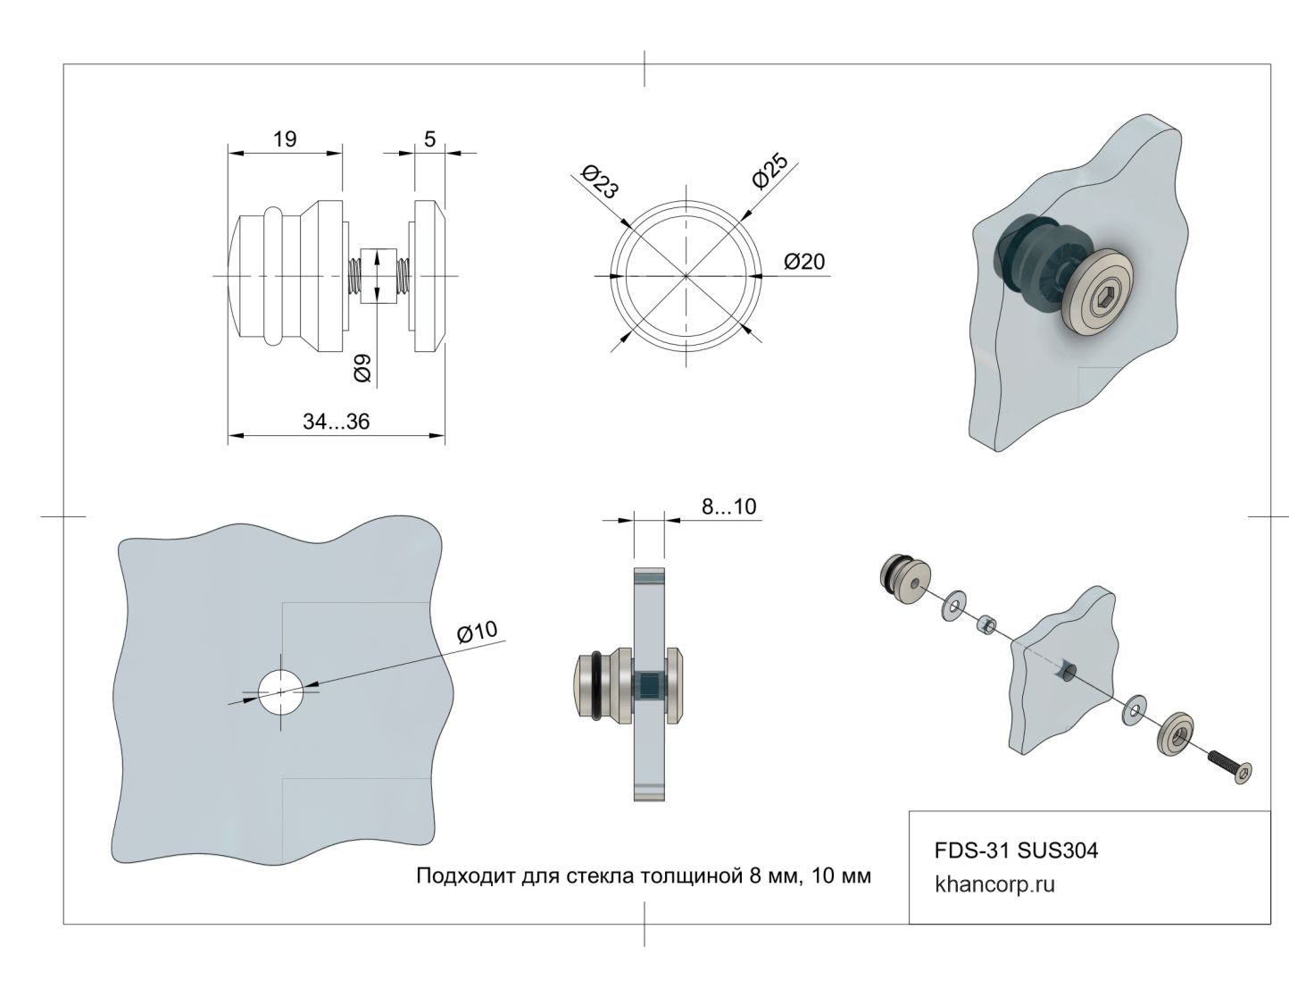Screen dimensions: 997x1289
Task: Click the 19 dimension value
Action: tap(285, 139)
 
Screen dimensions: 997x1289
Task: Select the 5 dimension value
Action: tap(430, 139)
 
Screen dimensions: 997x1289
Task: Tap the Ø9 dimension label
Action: tap(362, 368)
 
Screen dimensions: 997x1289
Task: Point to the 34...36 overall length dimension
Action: tap(336, 423)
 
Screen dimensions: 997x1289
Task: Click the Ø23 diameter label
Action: tap(599, 181)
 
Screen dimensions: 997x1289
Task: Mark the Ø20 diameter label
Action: tap(804, 262)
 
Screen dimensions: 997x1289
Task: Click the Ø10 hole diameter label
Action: tap(477, 632)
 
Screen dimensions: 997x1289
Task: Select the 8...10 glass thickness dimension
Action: tap(728, 507)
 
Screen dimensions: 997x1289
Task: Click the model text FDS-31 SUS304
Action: tap(1016, 850)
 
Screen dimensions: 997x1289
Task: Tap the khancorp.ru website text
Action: tap(994, 885)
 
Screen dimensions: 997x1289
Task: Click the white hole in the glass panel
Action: tap(281, 691)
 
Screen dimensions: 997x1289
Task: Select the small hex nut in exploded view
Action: tap(986, 624)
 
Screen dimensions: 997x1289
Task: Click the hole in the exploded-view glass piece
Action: tap(1066, 671)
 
